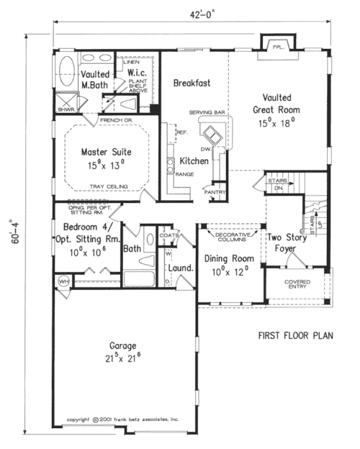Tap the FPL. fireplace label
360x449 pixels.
pos(276,48)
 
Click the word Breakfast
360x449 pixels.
pos(192,83)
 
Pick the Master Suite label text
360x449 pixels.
pos(106,158)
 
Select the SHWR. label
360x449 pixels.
pos(66,109)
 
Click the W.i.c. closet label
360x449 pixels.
pos(138,73)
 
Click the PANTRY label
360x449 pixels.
pos(215,192)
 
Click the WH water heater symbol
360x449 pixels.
pos(63,281)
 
